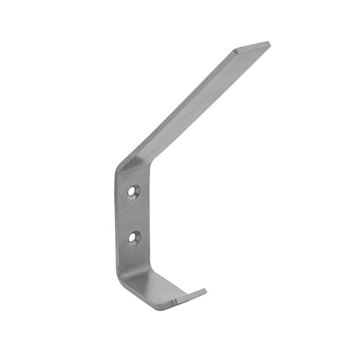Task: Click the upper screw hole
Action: coord(135,192)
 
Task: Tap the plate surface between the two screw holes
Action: coord(135,214)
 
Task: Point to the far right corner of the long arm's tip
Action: coord(269,44)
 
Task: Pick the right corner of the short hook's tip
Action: coord(206,291)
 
